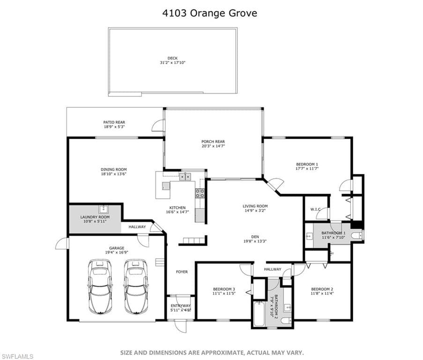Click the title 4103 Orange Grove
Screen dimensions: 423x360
click(209, 13)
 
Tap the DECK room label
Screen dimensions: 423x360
click(173, 58)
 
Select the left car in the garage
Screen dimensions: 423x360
click(100, 287)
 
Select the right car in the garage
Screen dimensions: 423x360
click(136, 287)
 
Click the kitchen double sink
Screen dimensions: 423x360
click(185, 177)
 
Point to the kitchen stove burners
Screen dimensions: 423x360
click(200, 193)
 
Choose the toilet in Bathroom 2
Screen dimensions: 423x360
click(286, 321)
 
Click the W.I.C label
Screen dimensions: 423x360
click(315, 209)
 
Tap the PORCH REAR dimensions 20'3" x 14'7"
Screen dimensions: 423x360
click(213, 146)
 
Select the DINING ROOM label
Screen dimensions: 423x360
click(113, 170)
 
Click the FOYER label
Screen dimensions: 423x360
click(182, 272)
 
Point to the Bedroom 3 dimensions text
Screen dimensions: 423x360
click(224, 293)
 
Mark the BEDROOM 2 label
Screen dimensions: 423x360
click(322, 289)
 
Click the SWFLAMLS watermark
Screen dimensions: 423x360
click(17, 357)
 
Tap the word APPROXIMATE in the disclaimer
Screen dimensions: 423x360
click(219, 352)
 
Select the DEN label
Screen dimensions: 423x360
click(255, 237)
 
